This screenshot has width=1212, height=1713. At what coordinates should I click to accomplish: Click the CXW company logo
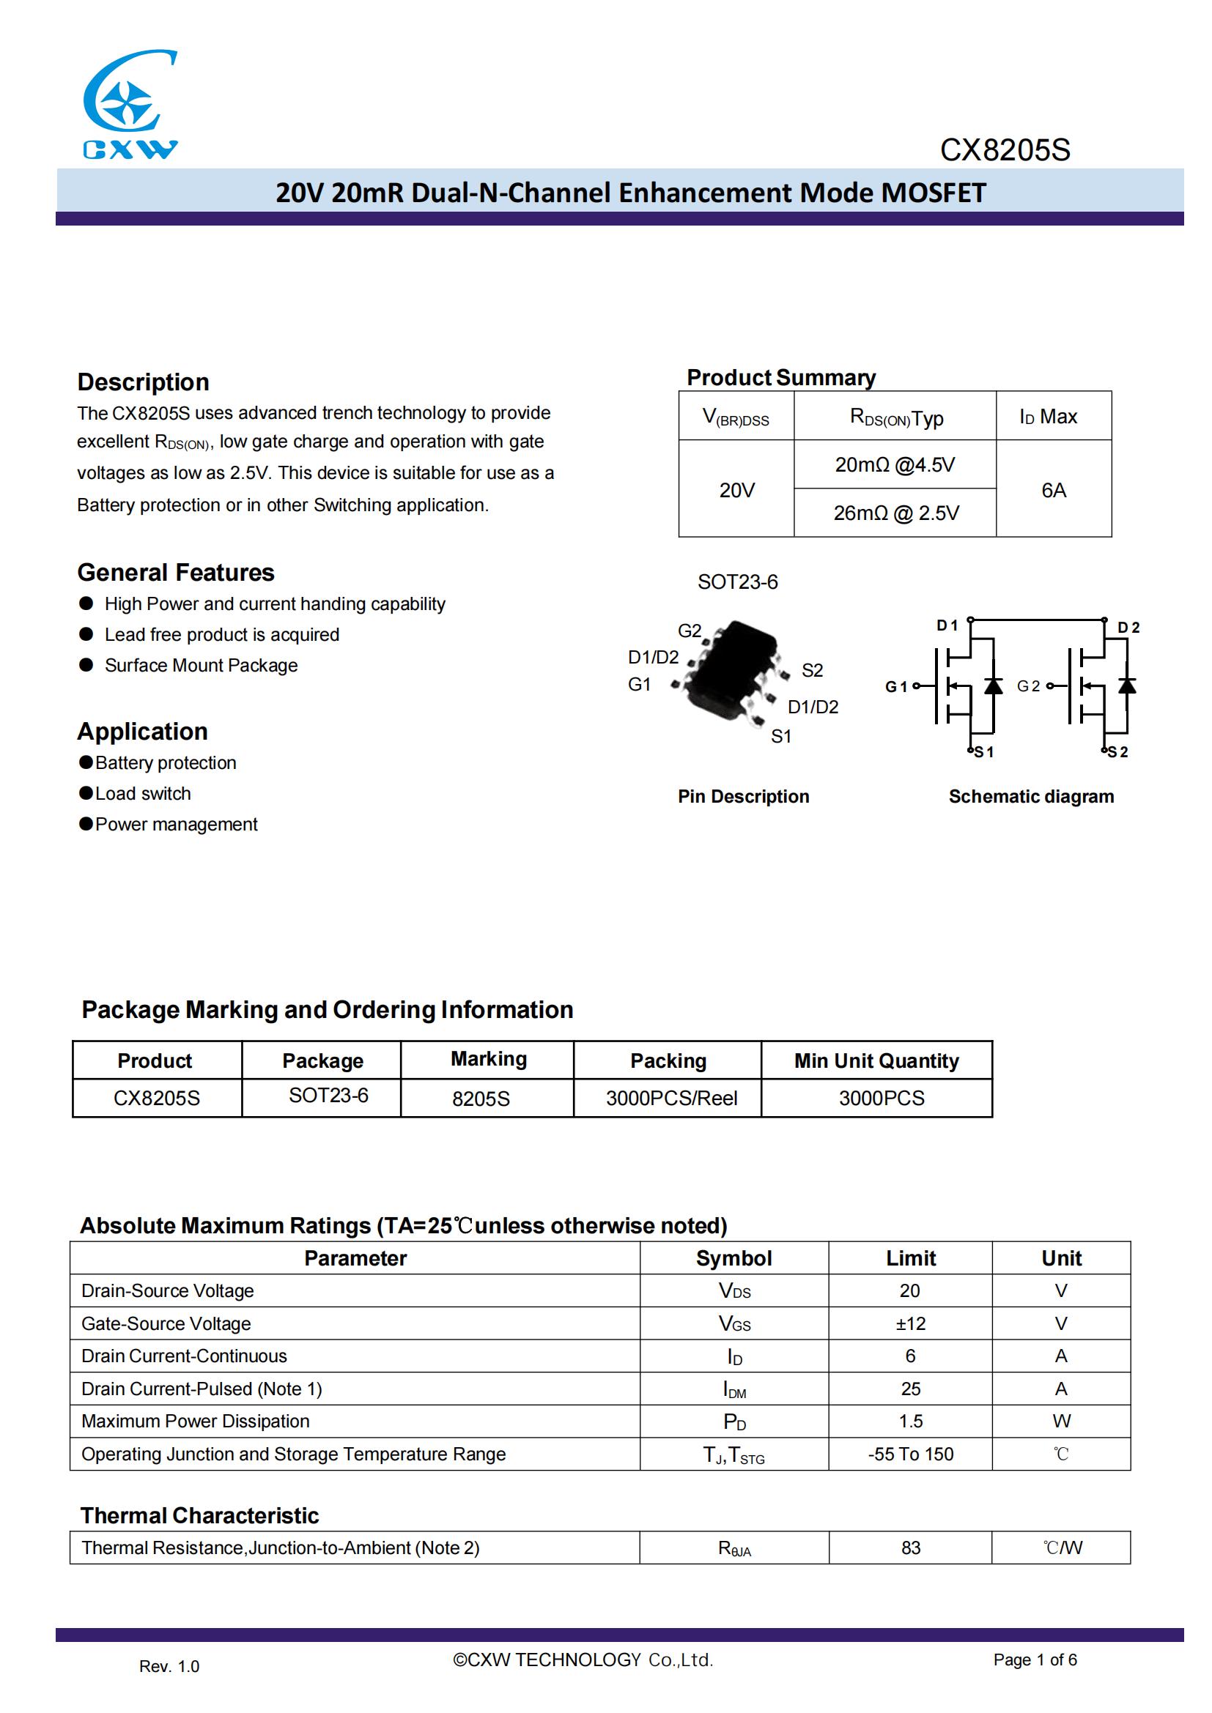point(130,105)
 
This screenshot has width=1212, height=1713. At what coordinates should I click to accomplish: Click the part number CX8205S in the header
point(1005,151)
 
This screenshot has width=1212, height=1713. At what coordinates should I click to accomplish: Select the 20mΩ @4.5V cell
point(894,465)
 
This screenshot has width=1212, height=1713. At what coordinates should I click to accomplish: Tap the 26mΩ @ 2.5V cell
point(895,513)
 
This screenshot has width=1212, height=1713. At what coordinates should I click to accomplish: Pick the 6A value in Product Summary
point(1053,490)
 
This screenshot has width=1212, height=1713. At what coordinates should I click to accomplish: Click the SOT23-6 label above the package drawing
point(737,582)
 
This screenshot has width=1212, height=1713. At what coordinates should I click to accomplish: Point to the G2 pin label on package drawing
point(689,631)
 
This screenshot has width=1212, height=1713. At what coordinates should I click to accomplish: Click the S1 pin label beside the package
point(780,736)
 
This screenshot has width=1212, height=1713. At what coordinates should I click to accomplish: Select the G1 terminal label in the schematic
point(895,686)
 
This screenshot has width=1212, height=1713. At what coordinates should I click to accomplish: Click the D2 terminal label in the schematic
point(1128,628)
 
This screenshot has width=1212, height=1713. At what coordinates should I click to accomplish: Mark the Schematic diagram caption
point(1031,797)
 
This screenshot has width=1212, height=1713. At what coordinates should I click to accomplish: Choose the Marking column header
point(488,1060)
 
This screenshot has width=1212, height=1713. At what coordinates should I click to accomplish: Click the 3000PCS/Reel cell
point(671,1099)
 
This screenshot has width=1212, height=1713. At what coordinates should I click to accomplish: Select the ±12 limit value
point(911,1323)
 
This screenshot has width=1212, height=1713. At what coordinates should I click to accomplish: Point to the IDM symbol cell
point(734,1389)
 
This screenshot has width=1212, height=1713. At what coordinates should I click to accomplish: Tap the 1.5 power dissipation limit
point(911,1422)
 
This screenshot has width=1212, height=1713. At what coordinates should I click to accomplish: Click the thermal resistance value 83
point(911,1548)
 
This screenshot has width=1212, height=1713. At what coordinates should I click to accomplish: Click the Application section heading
point(143,731)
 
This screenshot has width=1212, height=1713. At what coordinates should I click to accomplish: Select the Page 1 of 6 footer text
point(1035,1660)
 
